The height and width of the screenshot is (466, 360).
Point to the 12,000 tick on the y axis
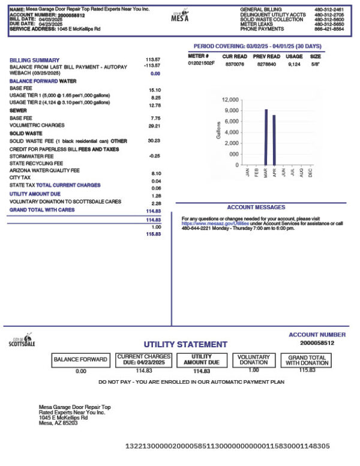click(x=230, y=100)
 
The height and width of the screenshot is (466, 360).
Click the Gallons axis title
click(x=217, y=132)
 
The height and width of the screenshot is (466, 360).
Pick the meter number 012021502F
click(x=202, y=62)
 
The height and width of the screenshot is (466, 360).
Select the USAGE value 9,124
click(x=295, y=62)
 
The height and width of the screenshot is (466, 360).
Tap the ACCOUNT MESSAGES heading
click(x=261, y=207)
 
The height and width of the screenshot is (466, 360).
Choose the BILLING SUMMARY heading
click(x=34, y=60)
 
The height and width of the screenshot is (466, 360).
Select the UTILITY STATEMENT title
click(x=185, y=345)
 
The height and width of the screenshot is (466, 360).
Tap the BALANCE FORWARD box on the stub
click(x=81, y=360)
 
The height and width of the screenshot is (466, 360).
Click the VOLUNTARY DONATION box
click(x=253, y=360)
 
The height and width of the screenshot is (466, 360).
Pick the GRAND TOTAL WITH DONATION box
click(x=307, y=360)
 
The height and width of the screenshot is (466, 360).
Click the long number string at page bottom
click(x=227, y=446)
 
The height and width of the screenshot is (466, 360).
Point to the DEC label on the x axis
click(x=310, y=172)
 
